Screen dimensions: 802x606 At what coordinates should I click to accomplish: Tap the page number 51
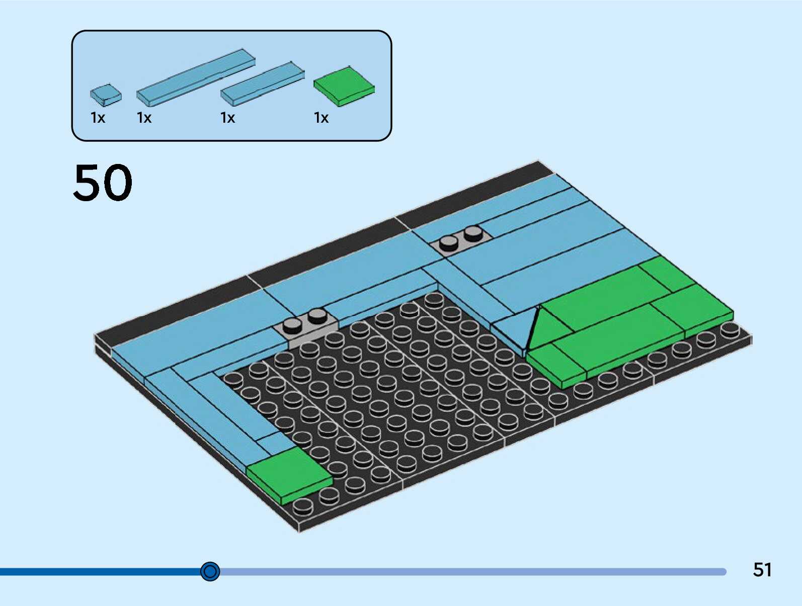762,570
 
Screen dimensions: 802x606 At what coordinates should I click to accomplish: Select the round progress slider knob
210,571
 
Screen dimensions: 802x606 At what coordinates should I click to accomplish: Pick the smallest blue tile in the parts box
106,95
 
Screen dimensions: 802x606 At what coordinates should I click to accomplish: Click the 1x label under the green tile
321,118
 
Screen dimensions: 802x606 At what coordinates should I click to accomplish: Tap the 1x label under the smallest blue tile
98,118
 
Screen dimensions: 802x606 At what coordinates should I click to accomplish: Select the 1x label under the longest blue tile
144,118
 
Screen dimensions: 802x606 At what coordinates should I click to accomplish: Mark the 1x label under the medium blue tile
227,118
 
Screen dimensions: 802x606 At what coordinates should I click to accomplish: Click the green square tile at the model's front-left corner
289,474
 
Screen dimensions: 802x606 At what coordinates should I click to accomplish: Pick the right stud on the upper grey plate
473,233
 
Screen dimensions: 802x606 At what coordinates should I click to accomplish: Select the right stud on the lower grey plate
317,315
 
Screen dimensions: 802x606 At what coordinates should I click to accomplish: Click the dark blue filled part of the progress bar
101,572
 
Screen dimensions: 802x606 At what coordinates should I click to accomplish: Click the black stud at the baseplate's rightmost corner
729,330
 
